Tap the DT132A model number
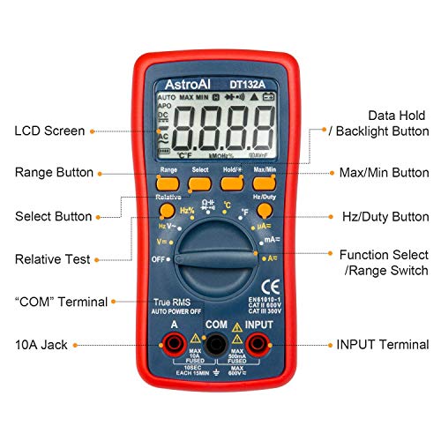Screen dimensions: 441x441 [249, 85]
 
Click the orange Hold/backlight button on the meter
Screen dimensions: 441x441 [232, 183]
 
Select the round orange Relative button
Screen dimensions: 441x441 [167, 212]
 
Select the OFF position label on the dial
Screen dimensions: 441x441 [160, 259]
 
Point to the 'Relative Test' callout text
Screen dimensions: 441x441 [52, 259]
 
